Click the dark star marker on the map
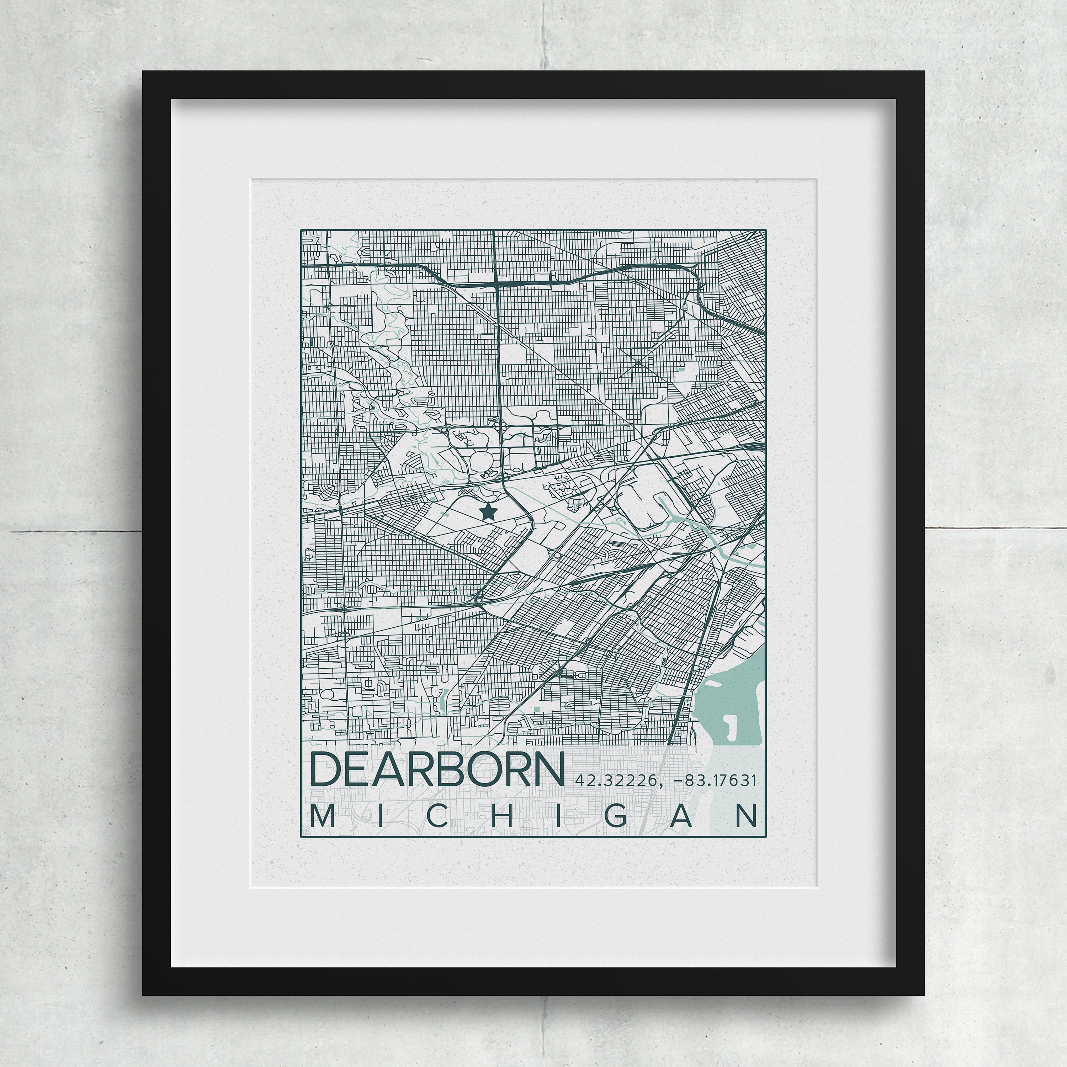pyautogui.click(x=487, y=511)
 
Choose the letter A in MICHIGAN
pyautogui.click(x=683, y=816)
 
